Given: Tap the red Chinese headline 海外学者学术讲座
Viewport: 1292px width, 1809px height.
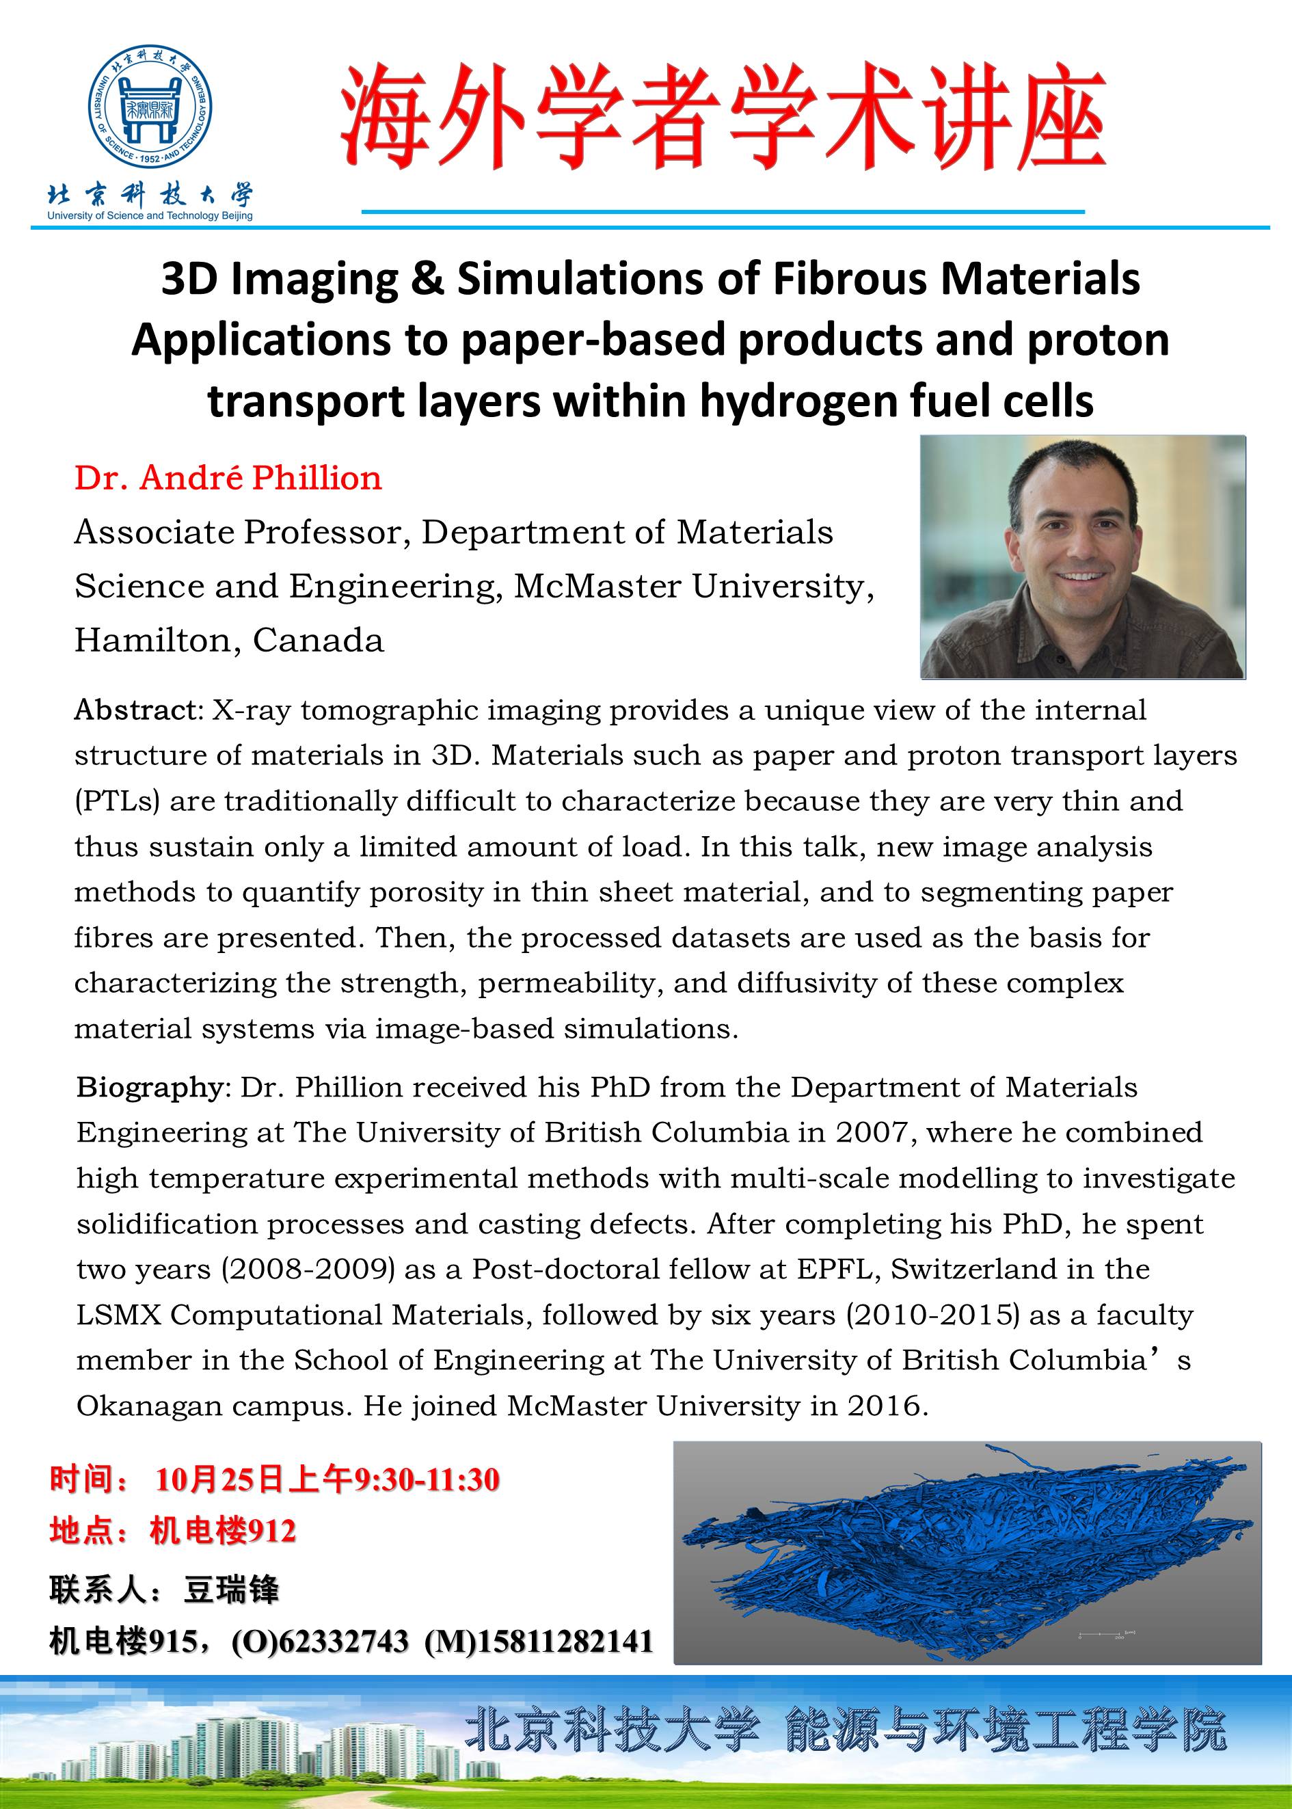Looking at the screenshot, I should [723, 120].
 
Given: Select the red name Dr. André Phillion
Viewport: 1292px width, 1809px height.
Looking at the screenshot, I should [228, 478].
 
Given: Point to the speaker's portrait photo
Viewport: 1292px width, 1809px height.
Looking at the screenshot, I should [1083, 557].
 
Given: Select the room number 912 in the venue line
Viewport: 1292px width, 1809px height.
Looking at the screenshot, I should [271, 1531].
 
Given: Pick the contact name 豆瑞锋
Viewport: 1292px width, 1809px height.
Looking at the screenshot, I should [232, 1590].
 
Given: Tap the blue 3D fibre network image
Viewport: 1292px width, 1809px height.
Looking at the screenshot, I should [967, 1553].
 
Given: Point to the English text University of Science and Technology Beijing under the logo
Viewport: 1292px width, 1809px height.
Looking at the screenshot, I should [150, 215].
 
